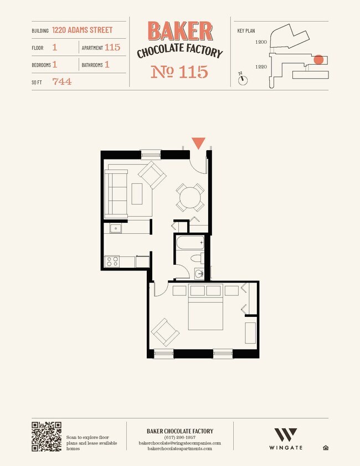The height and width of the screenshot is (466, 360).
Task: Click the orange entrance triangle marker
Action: [198, 143]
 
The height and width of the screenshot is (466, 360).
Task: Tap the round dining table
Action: [190, 197]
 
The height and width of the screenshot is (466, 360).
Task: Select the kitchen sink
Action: [116, 228]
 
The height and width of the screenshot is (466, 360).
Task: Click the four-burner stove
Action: [112, 262]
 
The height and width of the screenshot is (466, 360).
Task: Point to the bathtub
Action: [190, 243]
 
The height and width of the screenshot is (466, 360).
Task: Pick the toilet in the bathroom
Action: [197, 258]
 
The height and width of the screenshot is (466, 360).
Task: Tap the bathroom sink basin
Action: [199, 273]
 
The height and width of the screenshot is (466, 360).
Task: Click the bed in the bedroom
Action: [205, 307]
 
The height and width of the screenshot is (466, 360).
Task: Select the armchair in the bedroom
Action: [165, 332]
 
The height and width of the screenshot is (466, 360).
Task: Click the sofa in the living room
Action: [116, 193]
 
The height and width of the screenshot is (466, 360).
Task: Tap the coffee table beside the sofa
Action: [137, 194]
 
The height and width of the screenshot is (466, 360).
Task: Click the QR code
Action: [47, 437]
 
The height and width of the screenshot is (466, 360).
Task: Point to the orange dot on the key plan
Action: [318, 60]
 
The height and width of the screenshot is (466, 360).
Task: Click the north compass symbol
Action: [243, 79]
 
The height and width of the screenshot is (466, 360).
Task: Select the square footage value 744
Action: [62, 81]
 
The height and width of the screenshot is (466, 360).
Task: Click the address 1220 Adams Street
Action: [83, 30]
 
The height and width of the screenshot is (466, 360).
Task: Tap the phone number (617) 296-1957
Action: [180, 437]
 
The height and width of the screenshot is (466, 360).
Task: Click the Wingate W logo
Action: [286, 435]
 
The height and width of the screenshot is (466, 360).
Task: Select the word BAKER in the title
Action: [180, 30]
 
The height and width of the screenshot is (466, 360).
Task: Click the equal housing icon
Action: [326, 448]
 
